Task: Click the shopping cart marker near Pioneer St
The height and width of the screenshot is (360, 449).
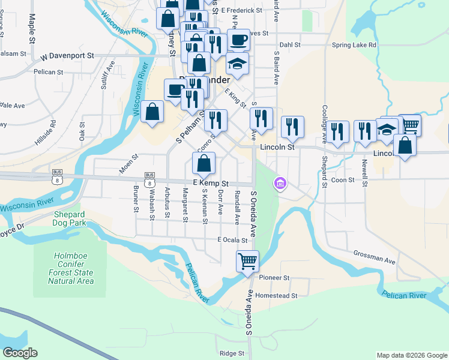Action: tap(247, 261)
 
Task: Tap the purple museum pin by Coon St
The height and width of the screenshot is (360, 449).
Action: tap(280, 182)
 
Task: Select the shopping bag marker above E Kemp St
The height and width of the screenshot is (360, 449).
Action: tap(204, 163)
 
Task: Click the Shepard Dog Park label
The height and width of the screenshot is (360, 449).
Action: tap(74, 218)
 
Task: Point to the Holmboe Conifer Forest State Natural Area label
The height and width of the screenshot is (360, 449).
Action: tap(71, 268)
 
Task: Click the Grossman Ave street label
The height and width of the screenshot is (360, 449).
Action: tap(374, 256)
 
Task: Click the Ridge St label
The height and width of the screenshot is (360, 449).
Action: tap(232, 353)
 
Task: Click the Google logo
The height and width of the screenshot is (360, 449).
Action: tap(20, 353)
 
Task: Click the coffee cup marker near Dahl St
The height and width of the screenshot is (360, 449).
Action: tap(239, 40)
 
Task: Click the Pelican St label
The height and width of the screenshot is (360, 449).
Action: tap(49, 72)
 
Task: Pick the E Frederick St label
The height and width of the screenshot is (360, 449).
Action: tap(241, 11)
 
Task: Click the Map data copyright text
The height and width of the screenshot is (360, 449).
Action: tap(411, 355)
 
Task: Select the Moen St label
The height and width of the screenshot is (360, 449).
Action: tap(128, 163)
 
